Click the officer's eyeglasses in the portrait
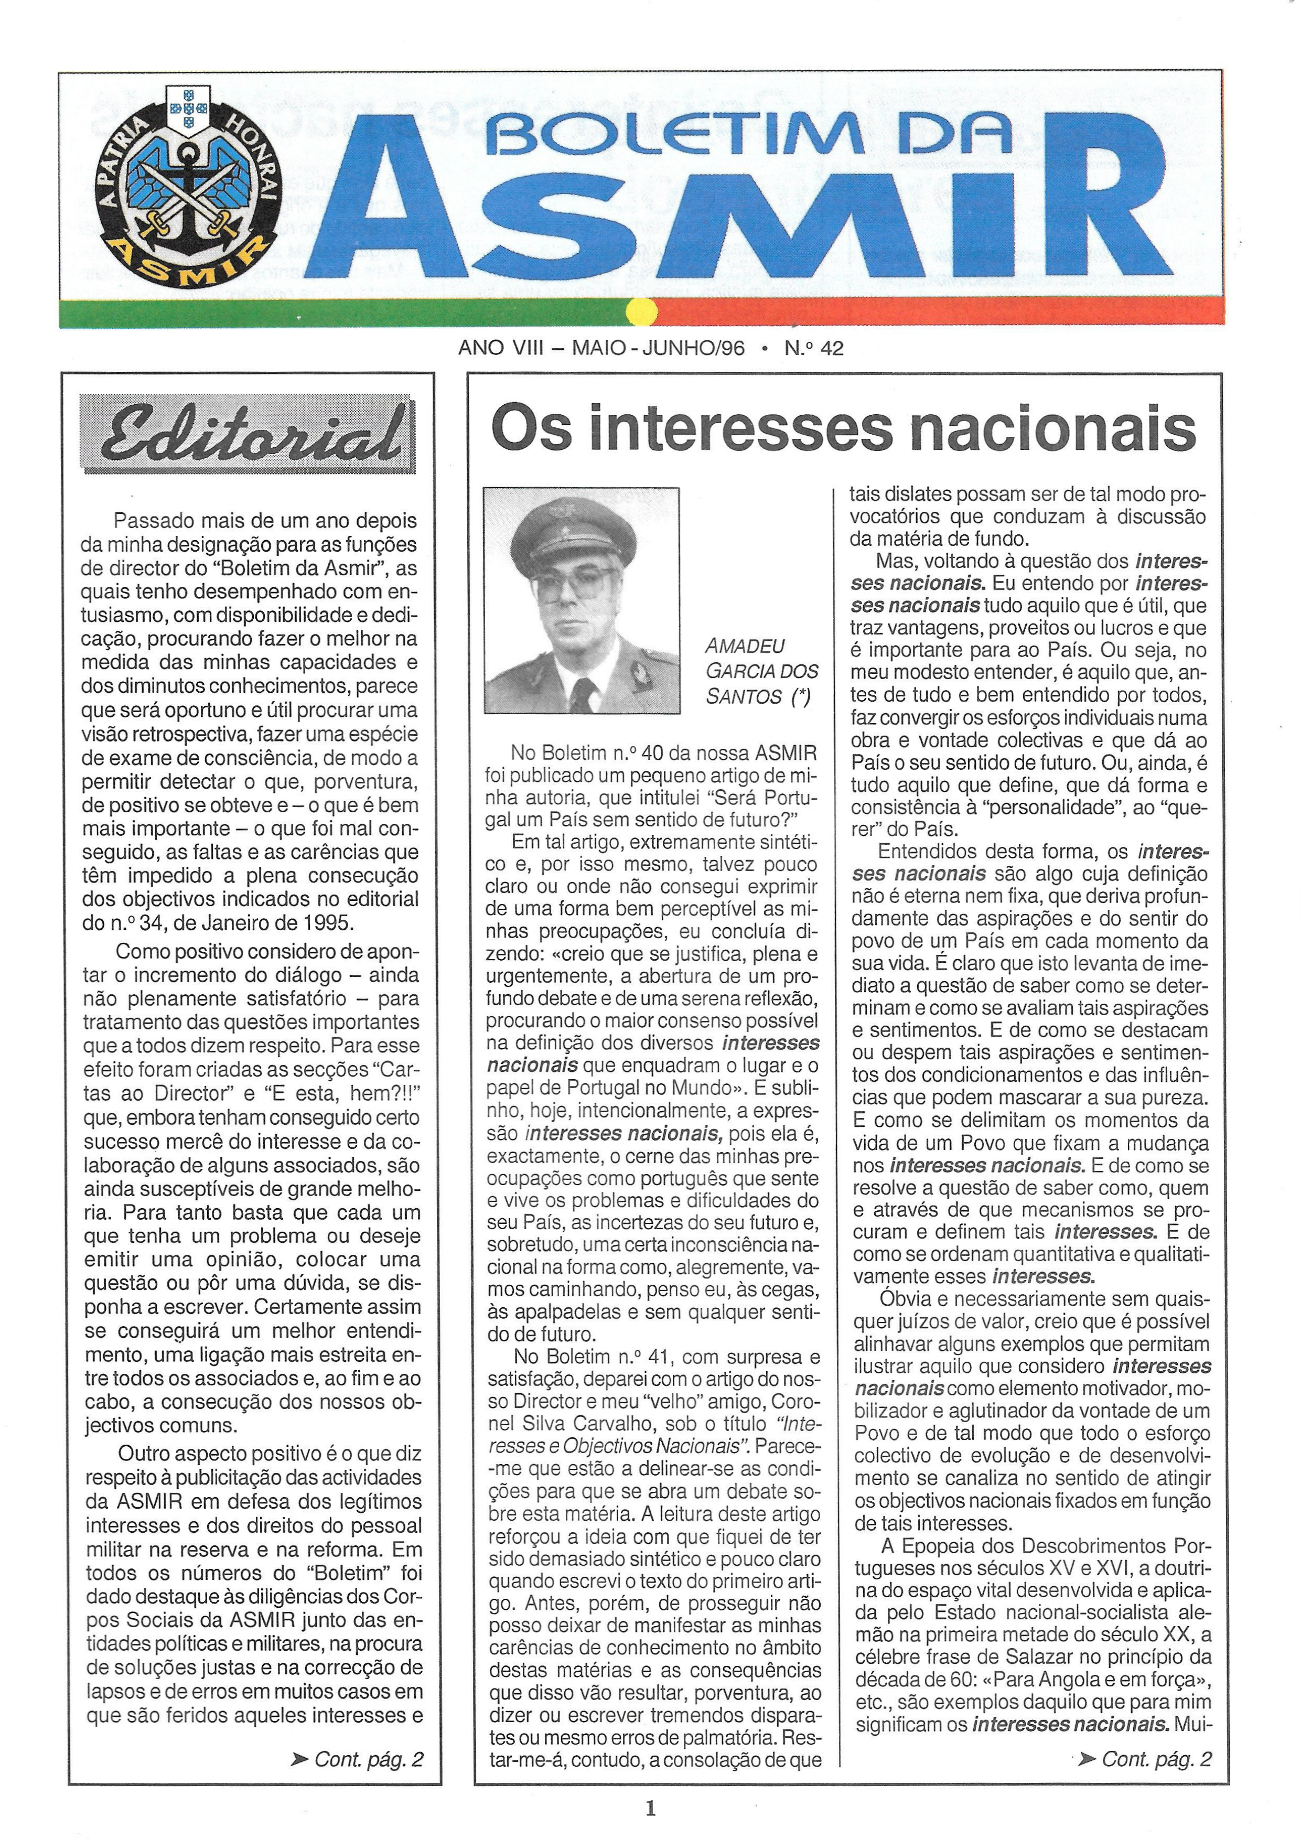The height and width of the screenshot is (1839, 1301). [x=574, y=588]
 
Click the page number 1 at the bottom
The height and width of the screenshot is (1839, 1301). [x=650, y=1807]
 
